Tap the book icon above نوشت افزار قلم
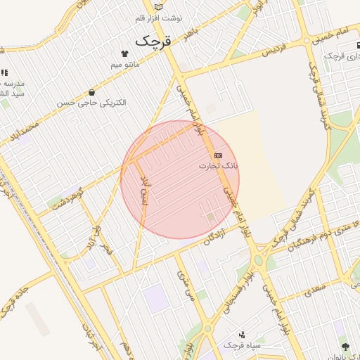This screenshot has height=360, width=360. point(159,7)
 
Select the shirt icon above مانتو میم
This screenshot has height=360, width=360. point(125,53)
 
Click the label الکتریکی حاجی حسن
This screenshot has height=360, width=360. point(94,103)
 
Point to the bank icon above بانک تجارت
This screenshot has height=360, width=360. point(218,155)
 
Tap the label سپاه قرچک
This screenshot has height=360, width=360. point(242,346)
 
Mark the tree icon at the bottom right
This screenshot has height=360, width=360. point(345,347)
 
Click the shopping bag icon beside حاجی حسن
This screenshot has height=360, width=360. point(91,92)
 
